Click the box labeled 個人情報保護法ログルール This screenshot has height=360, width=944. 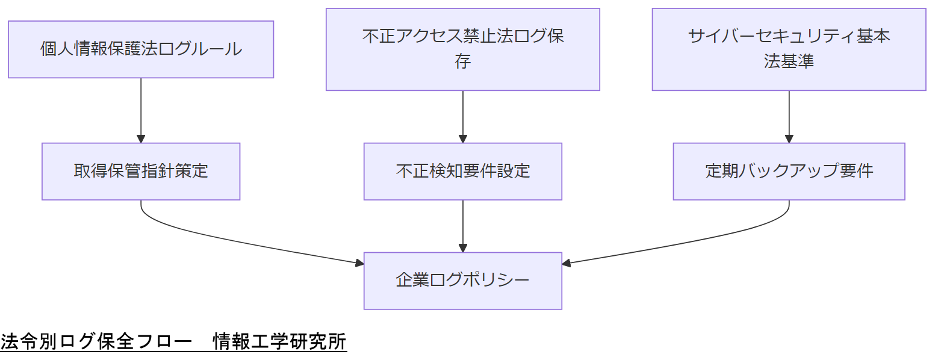141,49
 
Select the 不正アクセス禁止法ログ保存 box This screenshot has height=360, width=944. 462,49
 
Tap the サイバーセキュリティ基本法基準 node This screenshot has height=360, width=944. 789,49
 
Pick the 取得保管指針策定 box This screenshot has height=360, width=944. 141,172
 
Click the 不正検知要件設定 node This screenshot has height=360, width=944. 462,172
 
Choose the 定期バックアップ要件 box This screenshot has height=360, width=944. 789,172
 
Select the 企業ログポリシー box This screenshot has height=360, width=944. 462,281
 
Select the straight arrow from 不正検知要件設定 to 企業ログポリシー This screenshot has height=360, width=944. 462,226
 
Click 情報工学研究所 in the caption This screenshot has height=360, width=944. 280,342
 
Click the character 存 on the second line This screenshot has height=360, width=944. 462,61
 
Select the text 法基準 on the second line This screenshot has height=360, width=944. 789,61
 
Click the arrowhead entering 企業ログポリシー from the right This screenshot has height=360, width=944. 566,263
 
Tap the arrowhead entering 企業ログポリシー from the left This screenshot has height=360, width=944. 359,263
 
